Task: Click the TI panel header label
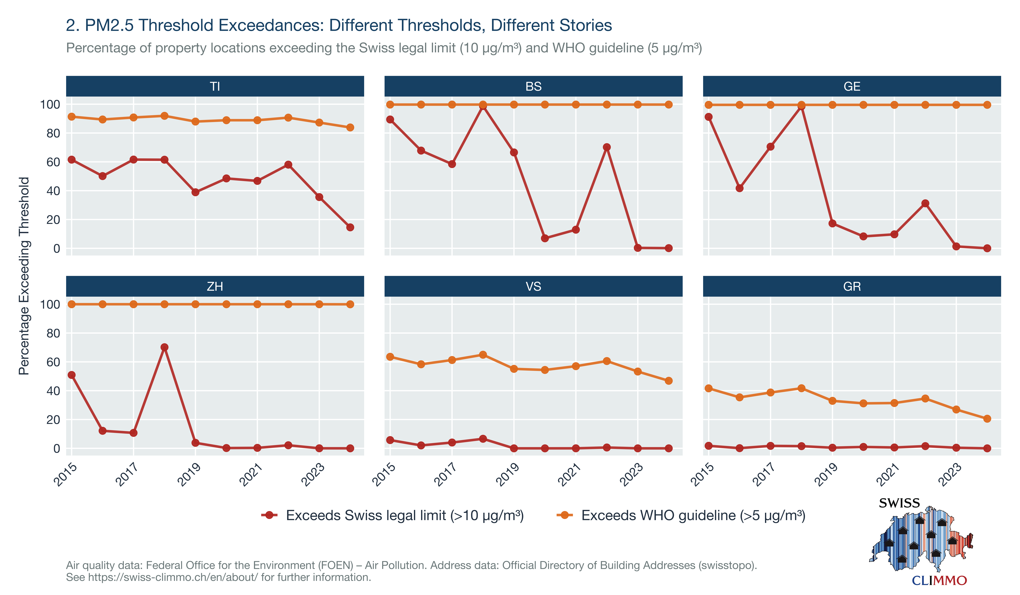215,86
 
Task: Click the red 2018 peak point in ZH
164,347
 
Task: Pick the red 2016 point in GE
739,188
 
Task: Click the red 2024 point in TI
350,227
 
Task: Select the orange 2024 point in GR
987,419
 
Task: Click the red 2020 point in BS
545,238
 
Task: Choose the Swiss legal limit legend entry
393,515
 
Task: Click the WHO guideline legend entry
681,515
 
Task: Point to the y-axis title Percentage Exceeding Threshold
24,276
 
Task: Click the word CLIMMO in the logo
939,581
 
